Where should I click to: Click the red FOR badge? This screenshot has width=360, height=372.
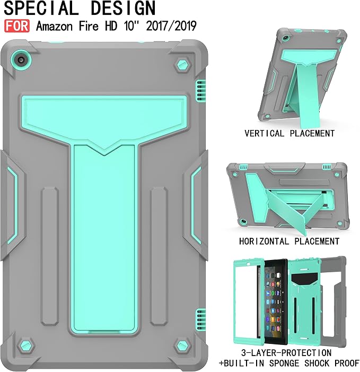(x=17, y=25)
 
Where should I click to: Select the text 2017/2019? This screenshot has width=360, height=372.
(x=171, y=25)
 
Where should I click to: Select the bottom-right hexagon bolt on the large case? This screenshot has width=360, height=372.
(x=182, y=345)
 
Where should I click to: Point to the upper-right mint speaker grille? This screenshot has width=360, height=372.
(x=200, y=91)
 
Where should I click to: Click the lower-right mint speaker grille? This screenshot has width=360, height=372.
(x=200, y=319)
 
